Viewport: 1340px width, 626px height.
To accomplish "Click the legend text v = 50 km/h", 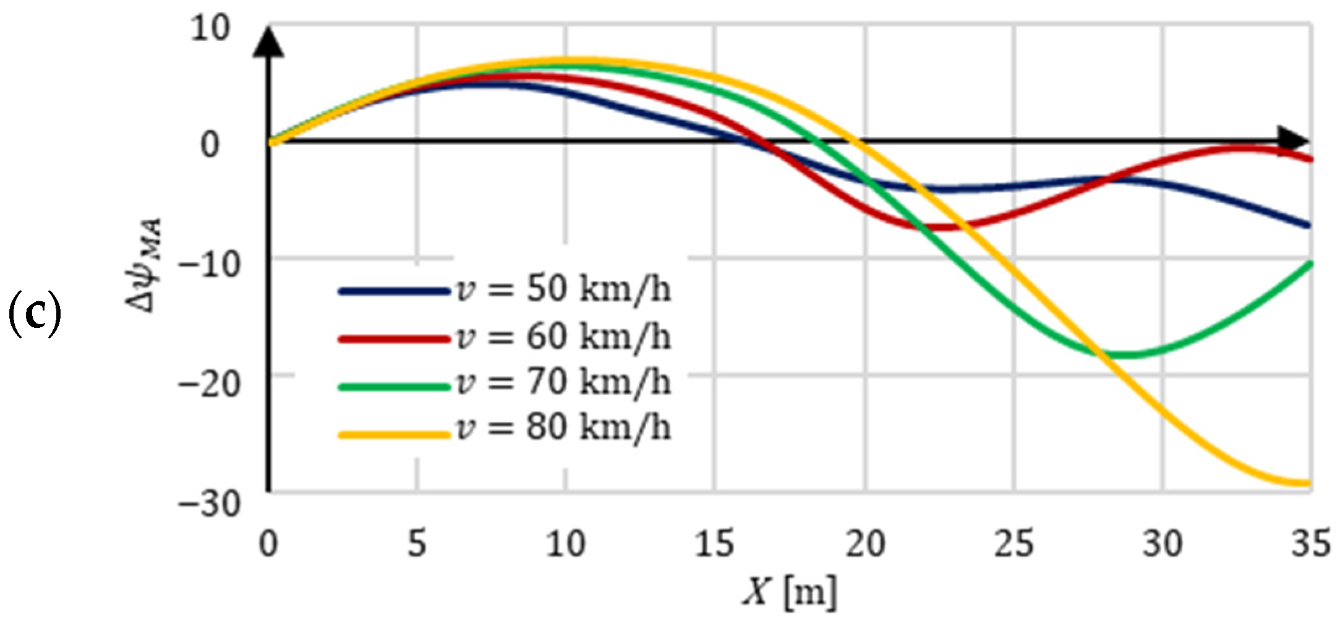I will (563, 289).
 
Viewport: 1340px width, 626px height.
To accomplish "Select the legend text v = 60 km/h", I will (563, 337).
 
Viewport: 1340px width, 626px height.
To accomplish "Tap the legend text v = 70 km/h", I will (563, 382).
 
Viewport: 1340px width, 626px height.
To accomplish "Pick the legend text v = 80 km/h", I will (563, 428).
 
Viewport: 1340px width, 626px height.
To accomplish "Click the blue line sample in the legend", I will (393, 291).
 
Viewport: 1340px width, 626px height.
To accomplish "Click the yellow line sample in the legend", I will (393, 435).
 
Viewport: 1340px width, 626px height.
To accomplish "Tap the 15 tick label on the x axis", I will (714, 544).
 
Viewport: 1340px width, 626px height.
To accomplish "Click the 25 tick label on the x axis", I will (1014, 544).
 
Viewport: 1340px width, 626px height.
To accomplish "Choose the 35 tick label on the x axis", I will (1310, 544).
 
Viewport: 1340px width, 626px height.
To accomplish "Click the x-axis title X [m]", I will (790, 592).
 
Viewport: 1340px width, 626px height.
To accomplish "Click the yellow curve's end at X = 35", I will (1308, 483).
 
